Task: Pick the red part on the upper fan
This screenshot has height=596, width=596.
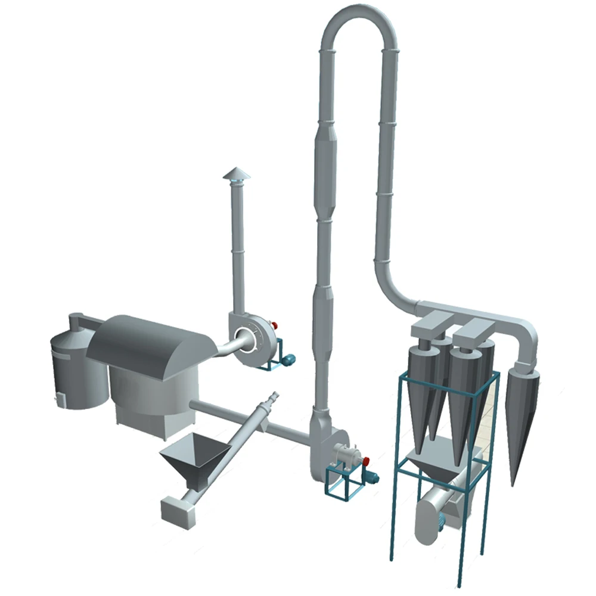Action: [x=275, y=325]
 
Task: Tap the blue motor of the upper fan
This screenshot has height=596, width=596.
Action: [x=290, y=358]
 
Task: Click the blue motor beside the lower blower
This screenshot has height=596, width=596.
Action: [x=372, y=476]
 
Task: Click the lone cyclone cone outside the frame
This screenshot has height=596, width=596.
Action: [x=522, y=417]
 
